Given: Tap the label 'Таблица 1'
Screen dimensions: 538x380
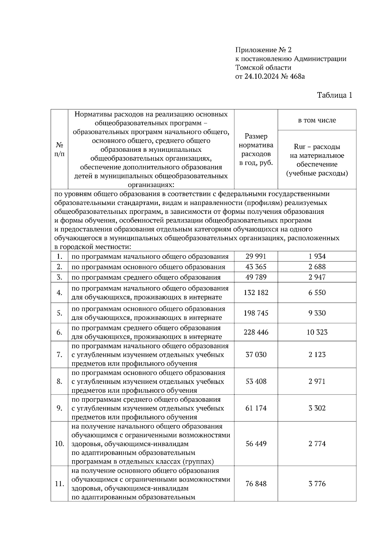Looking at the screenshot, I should [x=335, y=95].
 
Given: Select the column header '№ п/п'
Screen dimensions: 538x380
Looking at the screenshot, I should [x=59, y=149].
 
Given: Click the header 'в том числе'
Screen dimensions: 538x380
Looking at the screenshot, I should [x=317, y=120].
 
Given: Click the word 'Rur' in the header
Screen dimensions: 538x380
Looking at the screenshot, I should [x=300, y=147].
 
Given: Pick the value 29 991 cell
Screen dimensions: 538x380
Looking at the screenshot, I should [x=256, y=256].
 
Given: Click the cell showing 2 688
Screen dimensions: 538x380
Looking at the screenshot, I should [x=317, y=267].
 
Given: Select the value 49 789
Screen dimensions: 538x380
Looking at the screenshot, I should [x=256, y=277].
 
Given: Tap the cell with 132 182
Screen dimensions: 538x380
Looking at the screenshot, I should [x=256, y=293].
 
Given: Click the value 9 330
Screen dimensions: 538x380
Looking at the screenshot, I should [x=317, y=313].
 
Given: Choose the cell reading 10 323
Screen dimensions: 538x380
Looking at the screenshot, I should [x=317, y=332].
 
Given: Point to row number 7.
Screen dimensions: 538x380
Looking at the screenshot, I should [x=59, y=355].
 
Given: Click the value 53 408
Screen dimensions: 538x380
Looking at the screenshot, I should [x=256, y=381].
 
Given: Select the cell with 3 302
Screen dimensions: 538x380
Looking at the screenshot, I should [x=317, y=408].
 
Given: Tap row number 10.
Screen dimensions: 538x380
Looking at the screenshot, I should [x=59, y=444].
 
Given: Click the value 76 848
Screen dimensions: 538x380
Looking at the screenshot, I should [x=256, y=484].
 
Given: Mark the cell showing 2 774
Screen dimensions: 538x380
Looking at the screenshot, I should [x=317, y=444].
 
